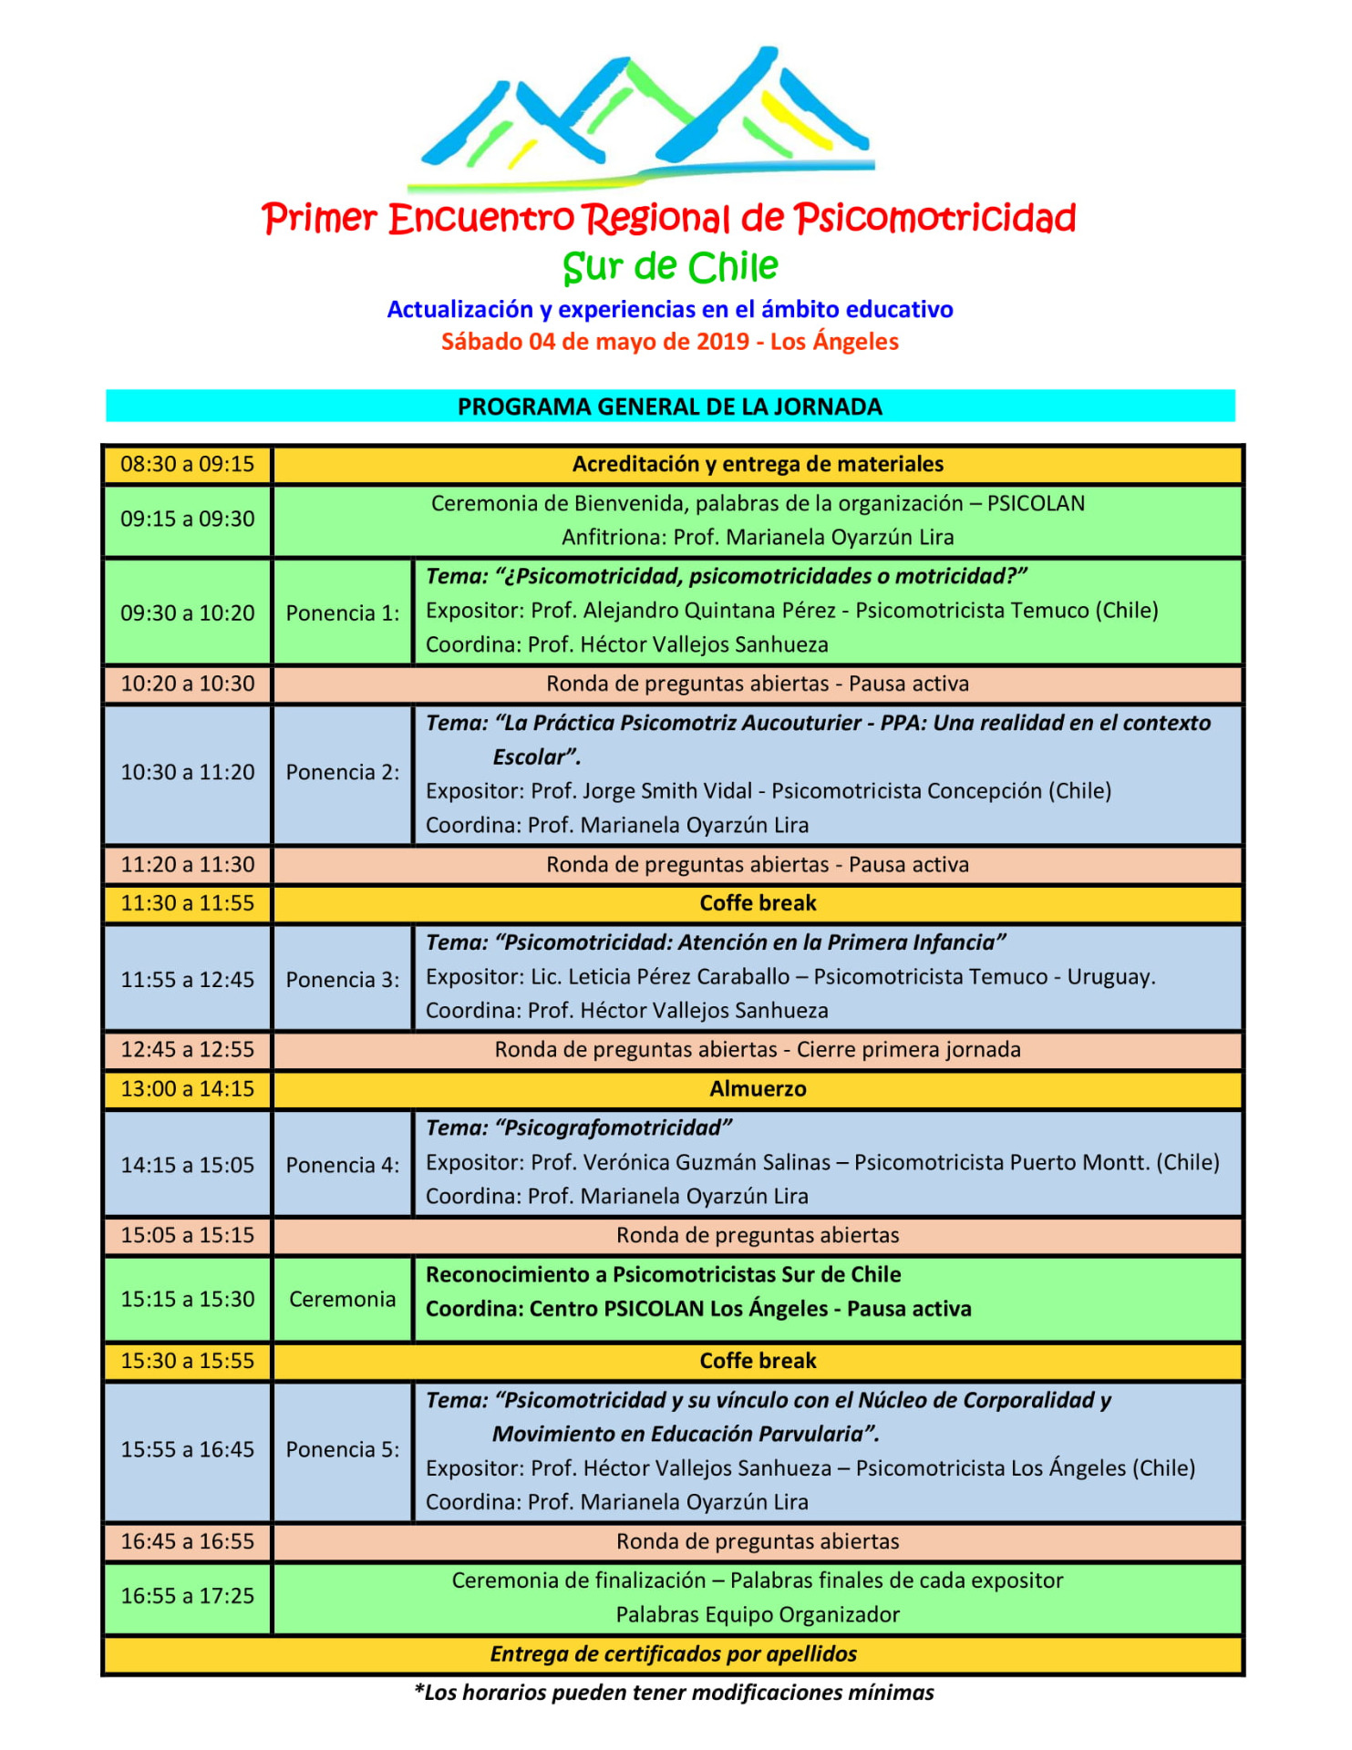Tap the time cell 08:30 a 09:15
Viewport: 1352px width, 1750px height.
tap(187, 464)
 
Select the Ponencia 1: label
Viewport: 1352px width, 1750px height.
tap(342, 612)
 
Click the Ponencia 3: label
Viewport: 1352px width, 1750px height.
tap(342, 979)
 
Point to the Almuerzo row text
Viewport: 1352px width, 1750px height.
tap(758, 1088)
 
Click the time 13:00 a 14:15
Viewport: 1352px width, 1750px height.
tap(187, 1088)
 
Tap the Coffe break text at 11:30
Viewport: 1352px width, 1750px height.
tap(758, 902)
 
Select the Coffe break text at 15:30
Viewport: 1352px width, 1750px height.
tap(758, 1360)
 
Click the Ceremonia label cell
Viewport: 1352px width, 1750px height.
tap(342, 1299)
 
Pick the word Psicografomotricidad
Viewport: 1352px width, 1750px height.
tap(613, 1127)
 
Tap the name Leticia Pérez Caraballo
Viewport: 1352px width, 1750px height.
tap(678, 976)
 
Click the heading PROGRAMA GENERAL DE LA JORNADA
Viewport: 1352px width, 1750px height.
tap(669, 407)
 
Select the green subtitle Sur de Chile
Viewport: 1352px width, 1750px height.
tap(670, 267)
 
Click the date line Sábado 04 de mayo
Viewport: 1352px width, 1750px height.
tap(670, 342)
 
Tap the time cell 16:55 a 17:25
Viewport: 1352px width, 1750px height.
tap(187, 1595)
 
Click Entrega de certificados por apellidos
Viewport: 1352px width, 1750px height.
tap(673, 1653)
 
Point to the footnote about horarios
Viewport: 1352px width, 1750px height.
tap(674, 1693)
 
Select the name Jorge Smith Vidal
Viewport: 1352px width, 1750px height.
tap(667, 790)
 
